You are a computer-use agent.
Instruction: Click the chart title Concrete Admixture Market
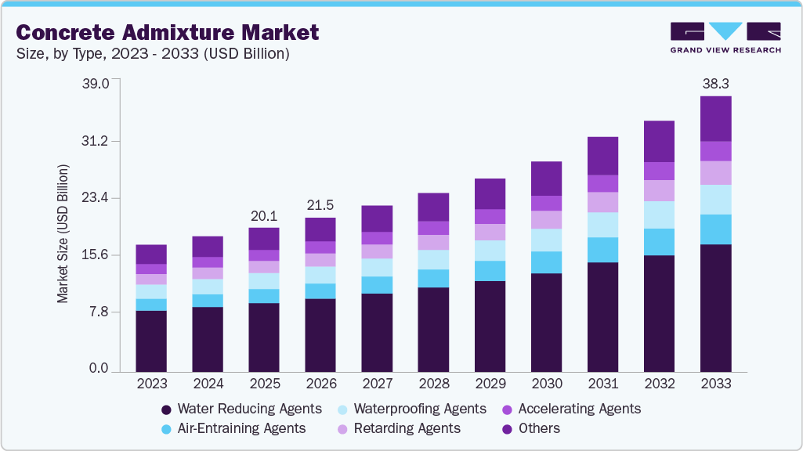pos(167,32)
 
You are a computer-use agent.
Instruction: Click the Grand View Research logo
pos(725,37)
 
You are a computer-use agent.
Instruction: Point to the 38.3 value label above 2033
pos(715,82)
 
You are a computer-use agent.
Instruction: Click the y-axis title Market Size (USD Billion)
pos(63,234)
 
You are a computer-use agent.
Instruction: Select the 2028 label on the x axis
pos(433,384)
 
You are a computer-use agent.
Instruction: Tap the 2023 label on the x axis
pos(151,384)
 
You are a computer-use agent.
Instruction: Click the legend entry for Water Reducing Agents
pos(241,409)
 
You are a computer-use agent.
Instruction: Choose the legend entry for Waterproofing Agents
pos(411,409)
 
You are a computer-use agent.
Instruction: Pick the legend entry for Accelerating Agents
pos(571,409)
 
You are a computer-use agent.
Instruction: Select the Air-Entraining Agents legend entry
pos(233,428)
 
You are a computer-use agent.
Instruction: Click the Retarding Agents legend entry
pos(399,428)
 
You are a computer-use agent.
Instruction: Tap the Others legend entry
pos(530,428)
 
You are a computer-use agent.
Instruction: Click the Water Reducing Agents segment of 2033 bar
pos(715,308)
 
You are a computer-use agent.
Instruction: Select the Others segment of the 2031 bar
pos(602,156)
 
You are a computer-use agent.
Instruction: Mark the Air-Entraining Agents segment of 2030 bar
pos(546,262)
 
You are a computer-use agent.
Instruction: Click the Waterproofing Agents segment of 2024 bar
pos(208,287)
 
